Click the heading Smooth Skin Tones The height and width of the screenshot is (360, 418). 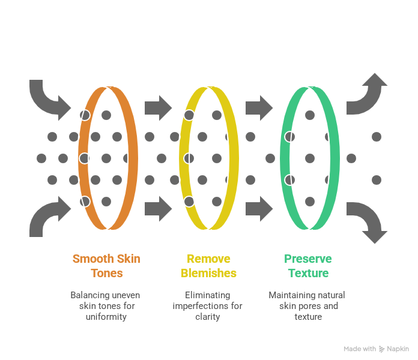point(106,266)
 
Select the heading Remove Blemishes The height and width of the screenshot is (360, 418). point(208,266)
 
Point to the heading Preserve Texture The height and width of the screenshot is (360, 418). point(307,266)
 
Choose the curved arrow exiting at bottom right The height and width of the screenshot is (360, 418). point(368,221)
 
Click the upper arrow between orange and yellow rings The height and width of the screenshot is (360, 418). point(158,108)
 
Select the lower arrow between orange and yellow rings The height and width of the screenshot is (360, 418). point(158,208)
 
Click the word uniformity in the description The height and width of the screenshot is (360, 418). point(106,316)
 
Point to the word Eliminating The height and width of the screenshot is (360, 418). point(208,295)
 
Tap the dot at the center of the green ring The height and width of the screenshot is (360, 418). point(310,158)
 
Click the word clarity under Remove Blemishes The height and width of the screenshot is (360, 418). point(208,316)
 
